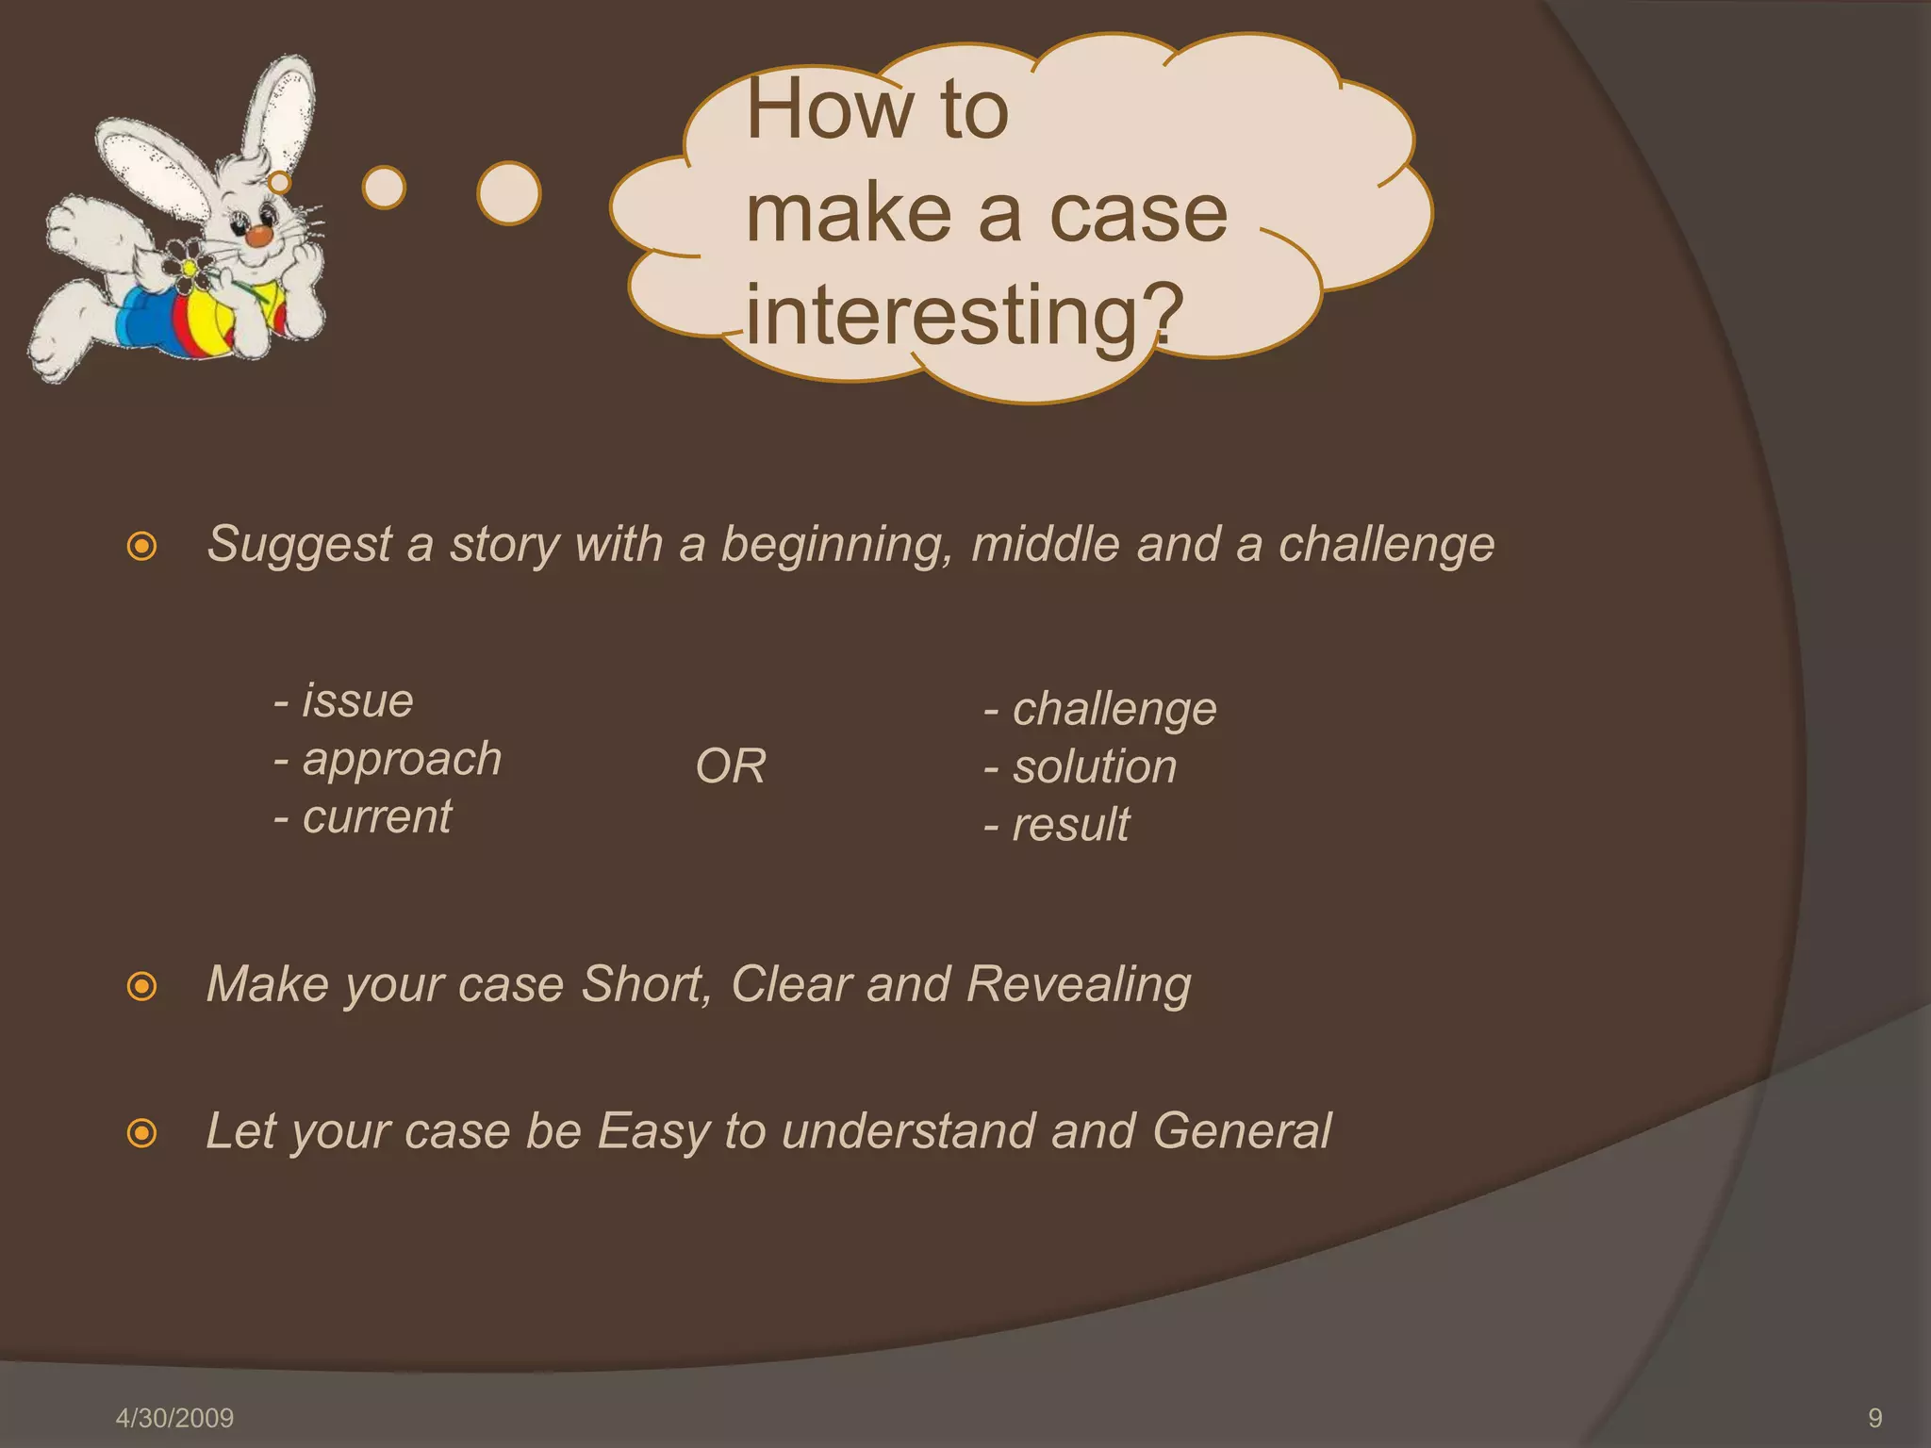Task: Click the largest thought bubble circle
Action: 509,193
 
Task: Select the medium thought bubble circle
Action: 384,188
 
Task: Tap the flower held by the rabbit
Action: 189,265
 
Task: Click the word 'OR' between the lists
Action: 731,766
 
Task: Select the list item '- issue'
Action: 344,701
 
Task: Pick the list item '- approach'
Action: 388,760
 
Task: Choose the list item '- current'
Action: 363,817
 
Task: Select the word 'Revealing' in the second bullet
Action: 1079,985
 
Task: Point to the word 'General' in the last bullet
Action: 1241,1131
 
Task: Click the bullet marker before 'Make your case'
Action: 141,987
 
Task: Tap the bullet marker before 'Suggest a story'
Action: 141,546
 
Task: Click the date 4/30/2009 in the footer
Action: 174,1418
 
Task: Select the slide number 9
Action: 1874,1418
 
